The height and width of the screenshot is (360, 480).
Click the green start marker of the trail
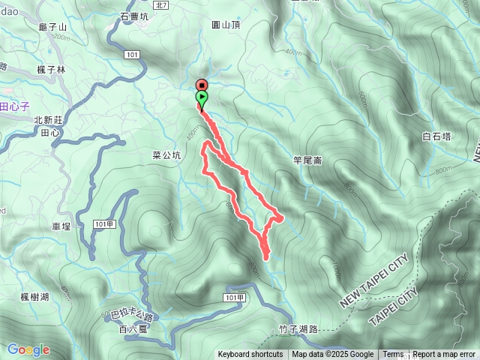coord(202,97)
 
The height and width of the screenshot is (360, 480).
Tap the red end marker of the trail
coord(202,85)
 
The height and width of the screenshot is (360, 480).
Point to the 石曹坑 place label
coord(135,16)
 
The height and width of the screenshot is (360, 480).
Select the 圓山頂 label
coord(226,24)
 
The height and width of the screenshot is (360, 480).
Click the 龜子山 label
coord(52,27)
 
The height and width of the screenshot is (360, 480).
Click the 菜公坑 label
coord(166,156)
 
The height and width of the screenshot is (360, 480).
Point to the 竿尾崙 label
coord(307,159)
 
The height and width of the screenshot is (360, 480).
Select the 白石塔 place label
coord(436,136)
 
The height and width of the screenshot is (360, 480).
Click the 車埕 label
coord(61,226)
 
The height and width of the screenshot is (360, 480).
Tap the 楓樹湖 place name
coord(35,297)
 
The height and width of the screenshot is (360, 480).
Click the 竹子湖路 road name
coord(298,328)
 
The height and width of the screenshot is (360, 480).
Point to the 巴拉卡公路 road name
coord(131,316)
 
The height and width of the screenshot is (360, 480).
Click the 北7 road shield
coord(164,5)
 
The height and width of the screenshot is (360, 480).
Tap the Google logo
coord(28,349)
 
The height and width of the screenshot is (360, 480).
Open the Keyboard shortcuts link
coord(250,355)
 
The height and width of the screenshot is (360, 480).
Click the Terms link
coord(393,355)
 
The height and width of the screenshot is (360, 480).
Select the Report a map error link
coord(444,355)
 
